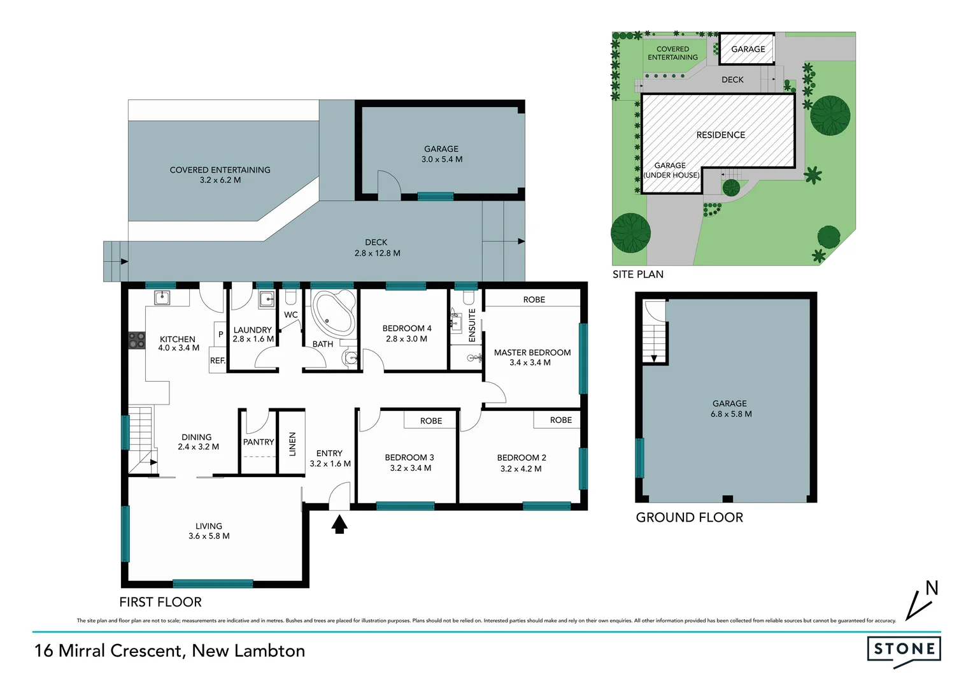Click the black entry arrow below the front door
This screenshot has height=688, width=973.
(339, 524)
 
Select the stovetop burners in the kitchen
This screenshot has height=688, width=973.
(137, 340)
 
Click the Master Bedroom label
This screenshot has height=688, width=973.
(532, 352)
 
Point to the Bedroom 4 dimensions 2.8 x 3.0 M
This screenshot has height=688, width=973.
(406, 339)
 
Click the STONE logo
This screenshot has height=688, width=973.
(904, 649)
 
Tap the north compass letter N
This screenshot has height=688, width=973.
(932, 588)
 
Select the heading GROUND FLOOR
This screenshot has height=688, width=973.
(689, 517)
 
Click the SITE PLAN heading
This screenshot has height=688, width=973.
(637, 275)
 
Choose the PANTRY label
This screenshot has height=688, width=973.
(259, 442)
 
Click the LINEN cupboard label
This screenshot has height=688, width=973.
(292, 444)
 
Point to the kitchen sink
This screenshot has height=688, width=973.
(162, 297)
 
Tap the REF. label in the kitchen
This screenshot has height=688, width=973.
(218, 361)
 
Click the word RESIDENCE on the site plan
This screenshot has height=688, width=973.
(720, 135)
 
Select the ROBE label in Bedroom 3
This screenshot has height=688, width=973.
(431, 421)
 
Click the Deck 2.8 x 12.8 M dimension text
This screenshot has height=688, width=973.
(377, 253)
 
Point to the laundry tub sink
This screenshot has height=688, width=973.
(266, 299)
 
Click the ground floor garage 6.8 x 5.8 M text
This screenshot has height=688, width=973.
(731, 414)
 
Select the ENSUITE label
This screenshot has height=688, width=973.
(472, 326)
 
